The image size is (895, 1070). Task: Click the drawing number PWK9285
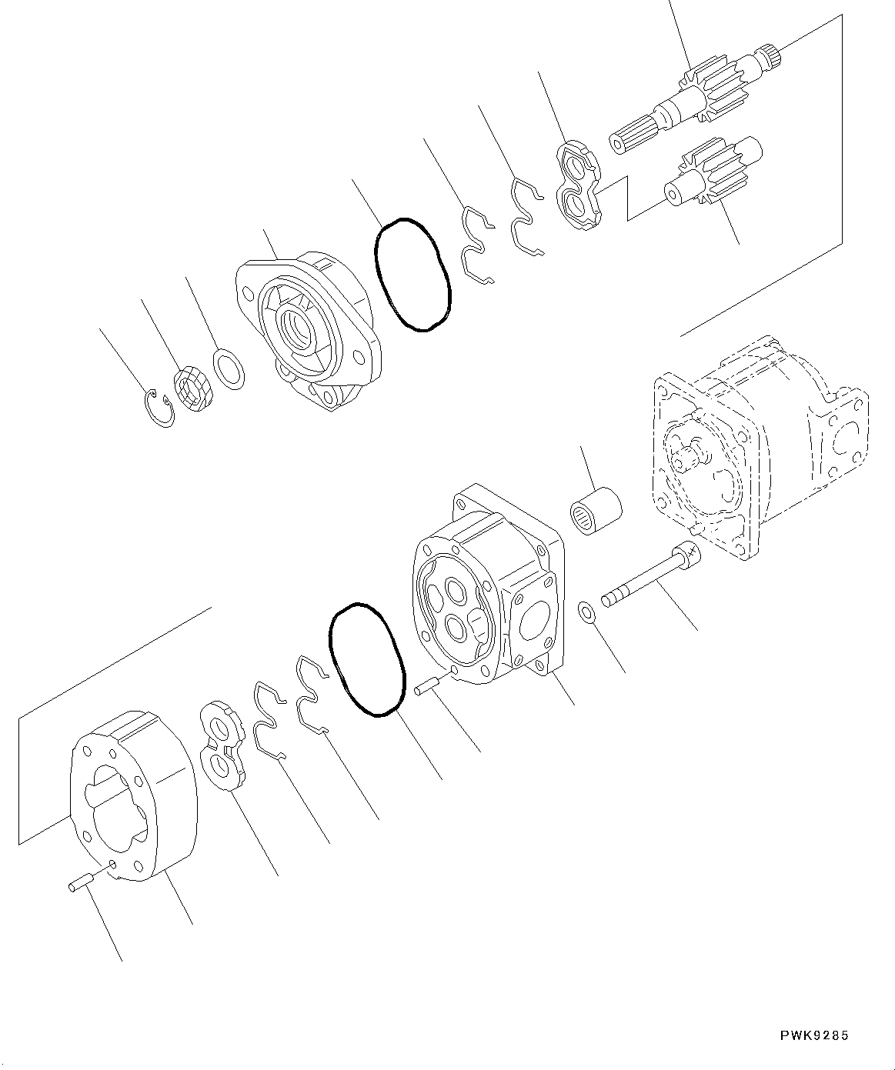(x=812, y=1035)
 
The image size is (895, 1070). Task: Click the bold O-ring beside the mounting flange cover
(x=412, y=275)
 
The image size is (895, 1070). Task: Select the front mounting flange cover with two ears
(x=308, y=327)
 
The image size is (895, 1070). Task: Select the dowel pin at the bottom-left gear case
(x=81, y=885)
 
